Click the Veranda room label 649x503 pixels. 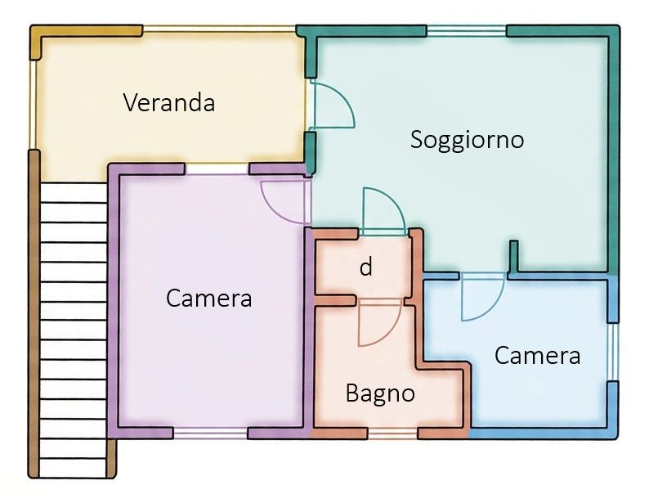click(x=169, y=103)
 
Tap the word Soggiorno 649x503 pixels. click(x=467, y=139)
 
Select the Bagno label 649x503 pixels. click(x=380, y=393)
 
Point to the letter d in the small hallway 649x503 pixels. click(x=366, y=267)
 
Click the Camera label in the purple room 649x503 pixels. click(x=208, y=299)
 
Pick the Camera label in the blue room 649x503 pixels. click(x=537, y=356)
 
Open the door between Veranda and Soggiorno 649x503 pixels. click(x=331, y=106)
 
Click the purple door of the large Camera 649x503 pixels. click(x=284, y=201)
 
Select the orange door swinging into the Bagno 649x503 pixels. click(x=378, y=321)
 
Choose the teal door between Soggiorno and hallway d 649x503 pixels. click(x=381, y=212)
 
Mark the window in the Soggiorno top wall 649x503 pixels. click(x=466, y=32)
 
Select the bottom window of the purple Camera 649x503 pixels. click(x=210, y=432)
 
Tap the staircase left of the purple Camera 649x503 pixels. click(x=73, y=327)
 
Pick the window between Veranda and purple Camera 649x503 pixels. click(x=217, y=169)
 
